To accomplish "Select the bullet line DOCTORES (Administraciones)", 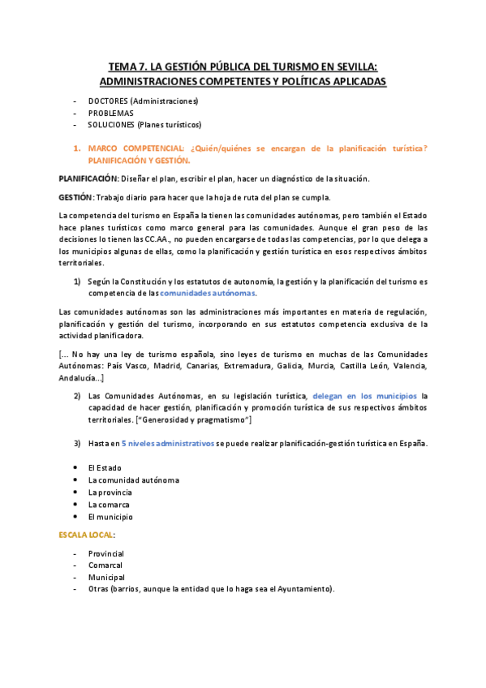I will pos(143,101).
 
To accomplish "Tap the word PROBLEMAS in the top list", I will pos(111,113).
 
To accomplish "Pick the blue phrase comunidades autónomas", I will pos(208,292).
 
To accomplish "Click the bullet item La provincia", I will pos(110,492).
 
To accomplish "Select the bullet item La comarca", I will pos(109,504).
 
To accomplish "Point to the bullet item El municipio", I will pos(110,516).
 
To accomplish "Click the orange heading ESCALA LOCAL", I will pos(86,535).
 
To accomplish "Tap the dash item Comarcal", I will pos(106,565).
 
